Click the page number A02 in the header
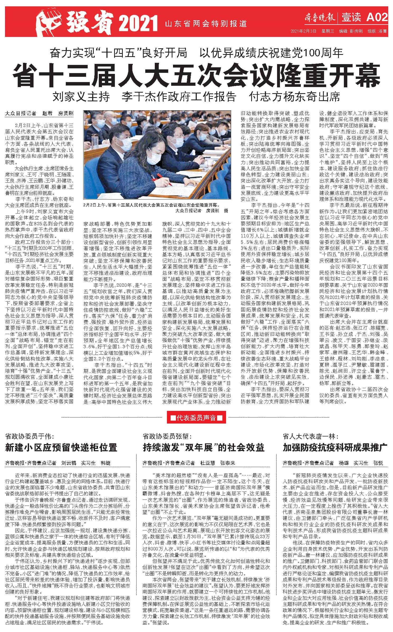(377, 17)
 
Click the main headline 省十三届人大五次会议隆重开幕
(196, 76)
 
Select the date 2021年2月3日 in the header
(303, 31)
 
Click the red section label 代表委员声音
(196, 418)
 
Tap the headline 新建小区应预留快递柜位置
(61, 448)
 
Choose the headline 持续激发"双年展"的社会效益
(203, 448)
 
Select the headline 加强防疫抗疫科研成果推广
(335, 448)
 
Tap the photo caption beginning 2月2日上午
(151, 205)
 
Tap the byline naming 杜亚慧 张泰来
(189, 463)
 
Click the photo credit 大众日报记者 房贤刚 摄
(202, 211)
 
